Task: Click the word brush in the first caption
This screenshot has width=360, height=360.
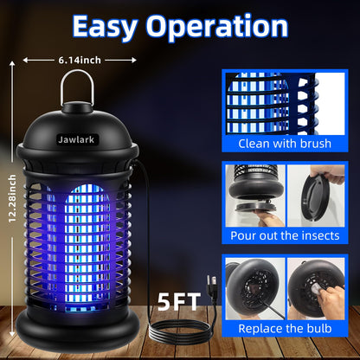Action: coord(315,145)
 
